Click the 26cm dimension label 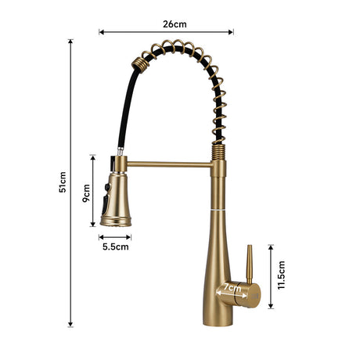(x=175, y=24)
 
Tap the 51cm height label (x=63, y=182)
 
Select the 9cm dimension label (x=86, y=193)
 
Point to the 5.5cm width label (x=116, y=247)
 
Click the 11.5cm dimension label (x=282, y=275)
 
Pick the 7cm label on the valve (x=232, y=288)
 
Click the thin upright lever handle (x=250, y=264)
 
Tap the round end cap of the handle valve (x=253, y=296)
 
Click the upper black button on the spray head (x=107, y=187)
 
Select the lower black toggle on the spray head (x=105, y=203)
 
